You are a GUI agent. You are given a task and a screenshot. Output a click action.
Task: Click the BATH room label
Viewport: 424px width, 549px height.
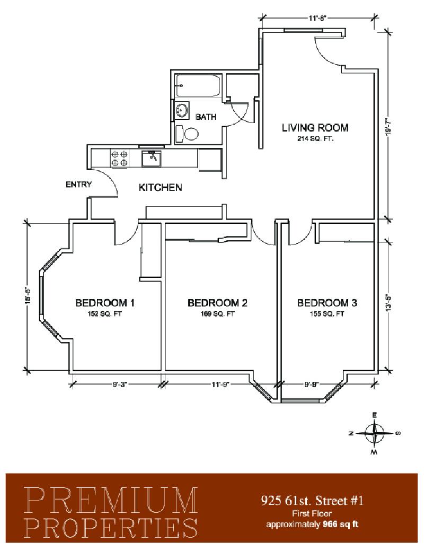click(206, 117)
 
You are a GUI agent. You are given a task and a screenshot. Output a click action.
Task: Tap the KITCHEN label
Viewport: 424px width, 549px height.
click(160, 188)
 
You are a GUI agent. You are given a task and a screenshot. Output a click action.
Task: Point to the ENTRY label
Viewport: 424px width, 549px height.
click(79, 184)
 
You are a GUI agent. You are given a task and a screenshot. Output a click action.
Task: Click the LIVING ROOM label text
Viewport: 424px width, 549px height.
click(315, 127)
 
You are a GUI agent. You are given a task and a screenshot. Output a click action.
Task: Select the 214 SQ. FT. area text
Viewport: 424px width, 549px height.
click(315, 138)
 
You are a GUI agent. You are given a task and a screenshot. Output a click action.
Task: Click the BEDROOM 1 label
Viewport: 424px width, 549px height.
click(105, 302)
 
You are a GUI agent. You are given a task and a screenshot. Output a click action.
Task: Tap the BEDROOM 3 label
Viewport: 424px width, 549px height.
click(327, 302)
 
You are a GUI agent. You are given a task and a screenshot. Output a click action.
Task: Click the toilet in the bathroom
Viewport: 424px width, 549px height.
click(187, 133)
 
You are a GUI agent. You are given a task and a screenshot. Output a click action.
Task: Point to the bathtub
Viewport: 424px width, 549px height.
click(198, 85)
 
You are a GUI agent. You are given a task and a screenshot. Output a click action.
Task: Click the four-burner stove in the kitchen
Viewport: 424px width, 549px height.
click(119, 158)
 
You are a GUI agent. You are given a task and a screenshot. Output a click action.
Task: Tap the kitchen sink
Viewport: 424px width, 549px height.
click(151, 159)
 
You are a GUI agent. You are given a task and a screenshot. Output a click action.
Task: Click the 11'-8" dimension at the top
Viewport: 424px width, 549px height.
click(317, 18)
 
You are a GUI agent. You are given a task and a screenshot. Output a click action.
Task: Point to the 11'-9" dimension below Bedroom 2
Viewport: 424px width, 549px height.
click(220, 385)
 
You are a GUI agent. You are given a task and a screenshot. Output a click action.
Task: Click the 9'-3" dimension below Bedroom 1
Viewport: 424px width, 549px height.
click(120, 385)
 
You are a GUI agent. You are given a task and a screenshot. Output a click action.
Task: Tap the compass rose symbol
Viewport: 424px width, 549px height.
click(374, 433)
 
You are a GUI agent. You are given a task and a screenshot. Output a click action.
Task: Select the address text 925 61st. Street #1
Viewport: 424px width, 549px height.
click(312, 500)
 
